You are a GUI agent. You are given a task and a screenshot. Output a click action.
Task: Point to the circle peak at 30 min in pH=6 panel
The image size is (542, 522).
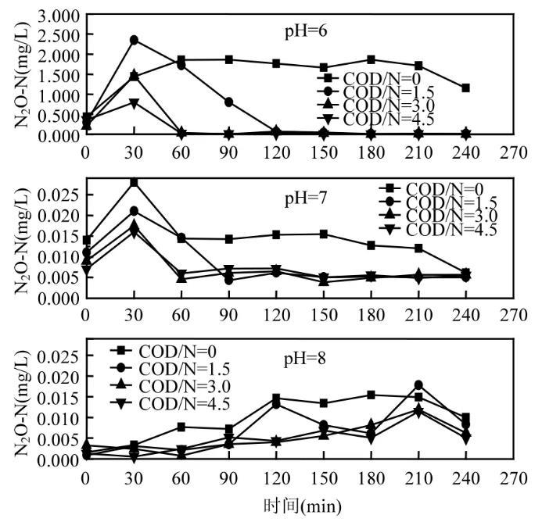click(x=135, y=40)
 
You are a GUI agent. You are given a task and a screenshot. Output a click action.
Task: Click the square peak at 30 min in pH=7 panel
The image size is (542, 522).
click(x=135, y=182)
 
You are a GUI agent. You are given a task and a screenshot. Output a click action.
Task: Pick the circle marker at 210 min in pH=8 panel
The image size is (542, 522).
click(x=419, y=384)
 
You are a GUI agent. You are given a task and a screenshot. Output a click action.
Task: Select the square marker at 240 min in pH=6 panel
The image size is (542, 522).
click(x=466, y=88)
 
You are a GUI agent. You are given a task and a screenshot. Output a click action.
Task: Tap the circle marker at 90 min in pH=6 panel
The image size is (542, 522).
click(x=229, y=102)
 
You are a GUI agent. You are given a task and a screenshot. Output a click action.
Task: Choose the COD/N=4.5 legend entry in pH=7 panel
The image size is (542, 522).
click(x=447, y=229)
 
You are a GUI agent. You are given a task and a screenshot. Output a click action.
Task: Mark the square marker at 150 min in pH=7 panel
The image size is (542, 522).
click(x=324, y=234)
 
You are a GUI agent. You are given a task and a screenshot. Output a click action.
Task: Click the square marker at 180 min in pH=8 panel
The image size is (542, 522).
click(x=372, y=395)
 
